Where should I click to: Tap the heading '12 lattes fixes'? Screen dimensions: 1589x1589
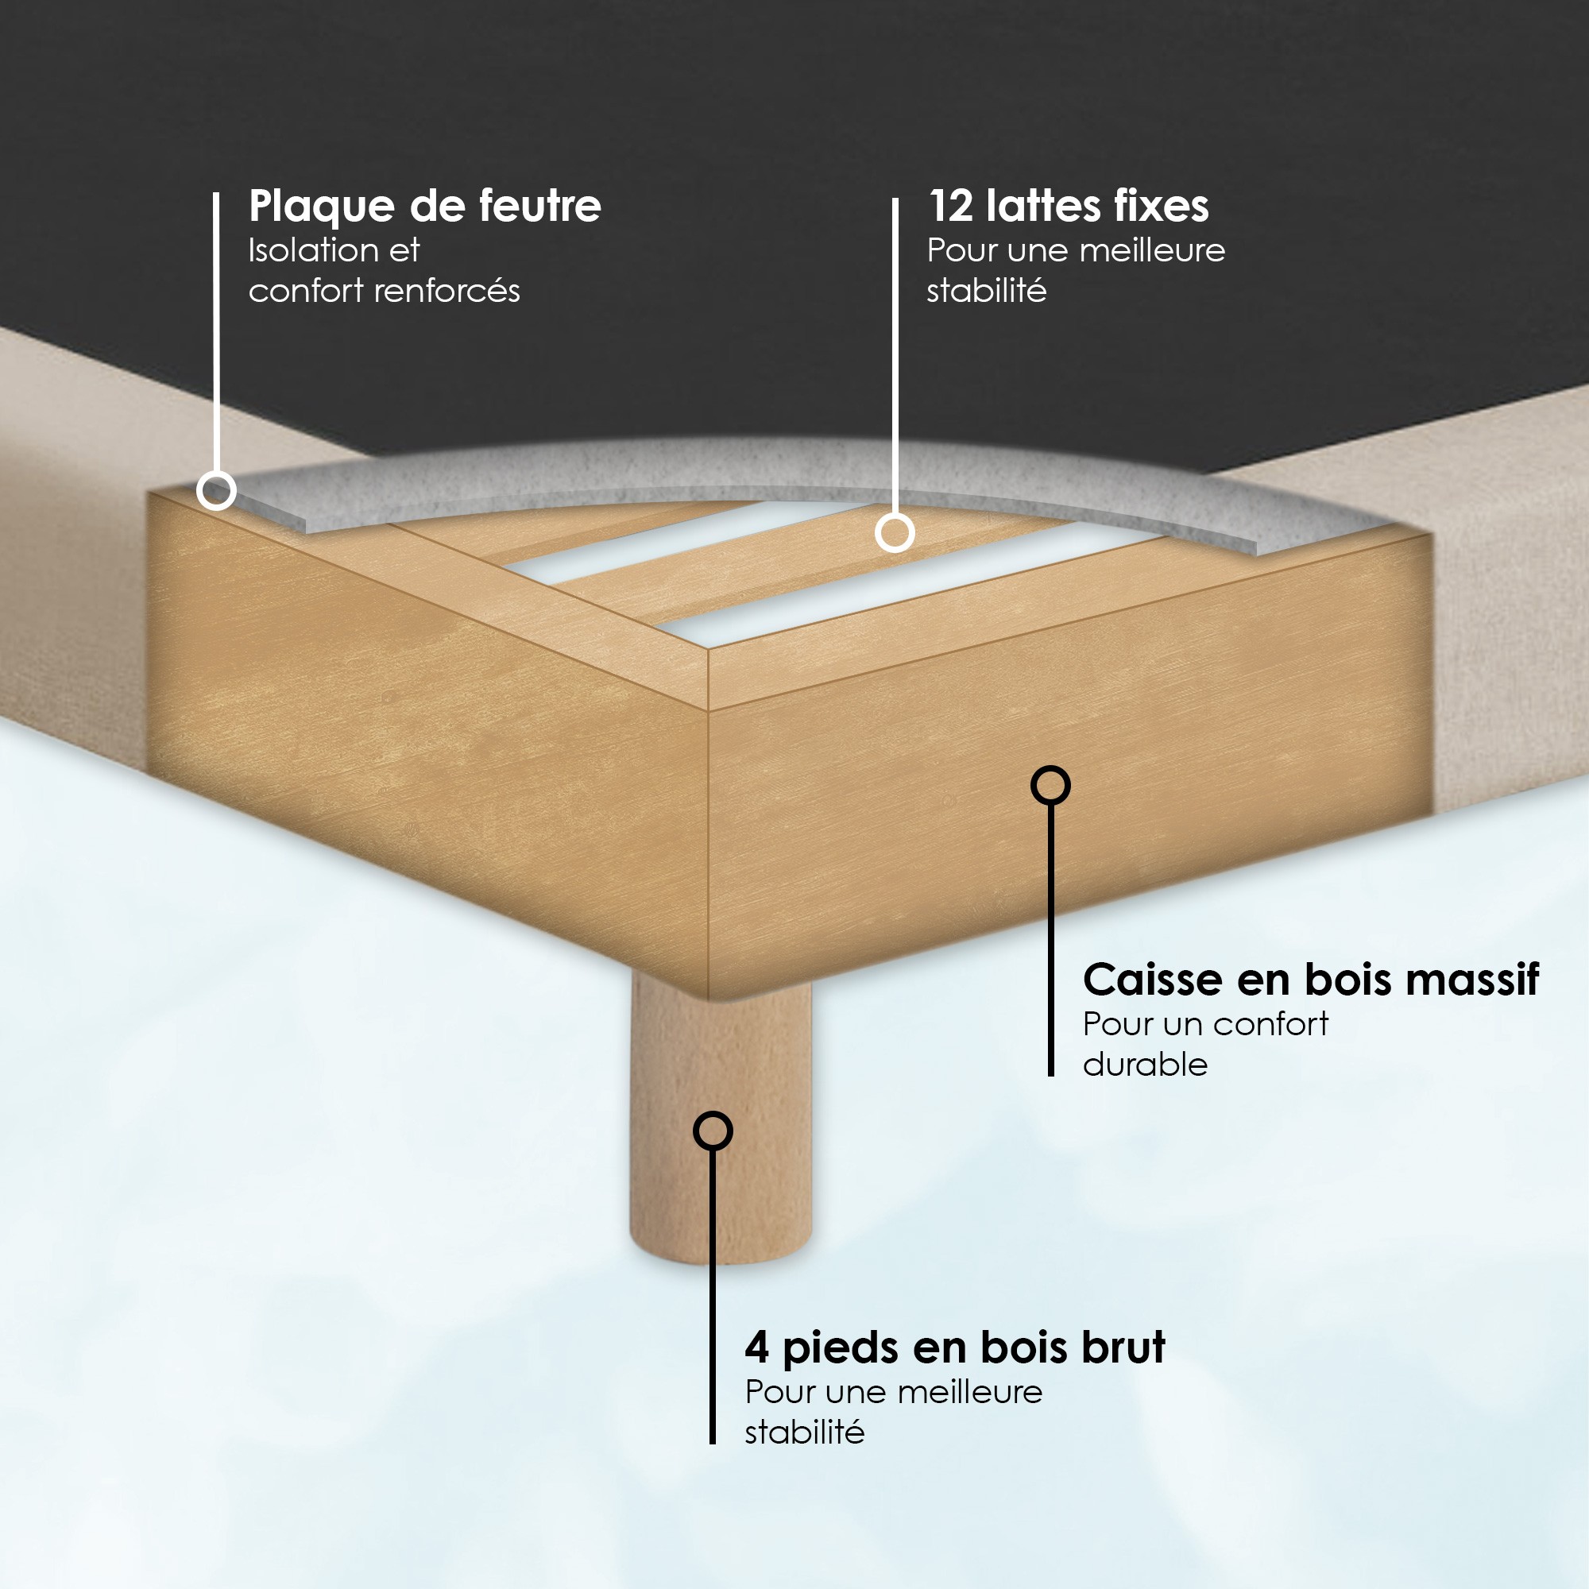pos(1069,206)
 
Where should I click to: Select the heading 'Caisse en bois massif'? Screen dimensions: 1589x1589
pos(1311,980)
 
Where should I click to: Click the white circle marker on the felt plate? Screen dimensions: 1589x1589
pos(216,491)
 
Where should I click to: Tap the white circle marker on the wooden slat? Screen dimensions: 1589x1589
pos(894,532)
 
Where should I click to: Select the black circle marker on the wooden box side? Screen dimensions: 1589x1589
pos(1050,786)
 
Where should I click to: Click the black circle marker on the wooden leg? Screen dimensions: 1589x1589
pos(712,1131)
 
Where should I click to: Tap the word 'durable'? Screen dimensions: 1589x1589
pos(1145,1065)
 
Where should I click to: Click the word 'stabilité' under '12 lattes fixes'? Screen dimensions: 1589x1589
pos(986,290)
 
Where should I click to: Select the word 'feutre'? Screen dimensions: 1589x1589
pos(539,206)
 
